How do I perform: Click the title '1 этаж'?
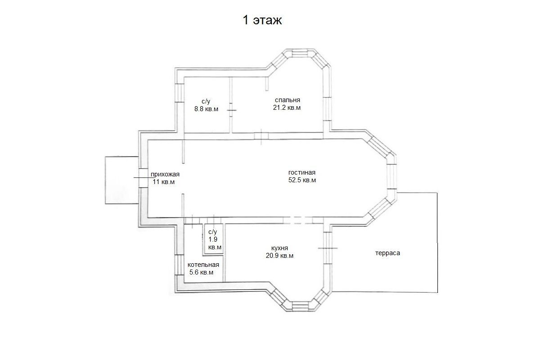tap(262, 20)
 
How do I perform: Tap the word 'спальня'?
tap(288, 100)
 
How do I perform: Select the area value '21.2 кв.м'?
tap(287, 108)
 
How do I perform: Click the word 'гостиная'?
tap(302, 172)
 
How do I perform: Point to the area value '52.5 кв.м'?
tap(302, 180)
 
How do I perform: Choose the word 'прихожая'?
tap(165, 174)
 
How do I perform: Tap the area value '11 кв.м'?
tap(163, 182)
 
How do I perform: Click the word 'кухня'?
tap(279, 248)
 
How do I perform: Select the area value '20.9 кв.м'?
tap(279, 256)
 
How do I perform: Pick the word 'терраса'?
tap(387, 253)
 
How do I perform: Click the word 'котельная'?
tap(203, 265)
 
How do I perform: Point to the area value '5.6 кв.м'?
tap(201, 272)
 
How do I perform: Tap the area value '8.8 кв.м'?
tap(207, 109)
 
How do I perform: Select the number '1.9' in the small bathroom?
tap(213, 239)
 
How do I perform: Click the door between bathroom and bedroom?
tap(231, 110)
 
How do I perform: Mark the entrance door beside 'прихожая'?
tap(143, 178)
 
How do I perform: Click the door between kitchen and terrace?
tap(328, 248)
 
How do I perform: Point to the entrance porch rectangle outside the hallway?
tap(122, 180)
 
